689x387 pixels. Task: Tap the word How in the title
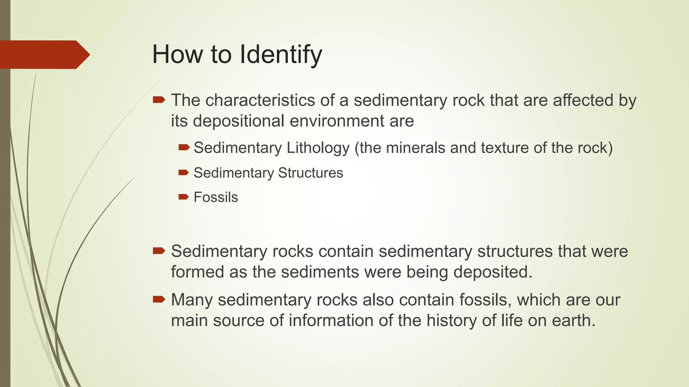pos(177,54)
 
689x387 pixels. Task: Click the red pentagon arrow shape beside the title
pos(44,54)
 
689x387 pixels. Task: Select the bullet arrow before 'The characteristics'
pos(159,100)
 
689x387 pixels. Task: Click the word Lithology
pos(318,148)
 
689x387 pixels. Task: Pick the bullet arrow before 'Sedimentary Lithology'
pos(184,147)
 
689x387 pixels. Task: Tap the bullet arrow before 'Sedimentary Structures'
pos(184,173)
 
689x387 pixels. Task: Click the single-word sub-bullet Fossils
pos(216,197)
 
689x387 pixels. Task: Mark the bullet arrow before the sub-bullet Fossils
pos(184,197)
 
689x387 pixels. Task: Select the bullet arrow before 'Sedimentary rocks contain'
pos(159,251)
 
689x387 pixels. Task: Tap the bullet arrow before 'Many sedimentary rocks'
pos(159,299)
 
